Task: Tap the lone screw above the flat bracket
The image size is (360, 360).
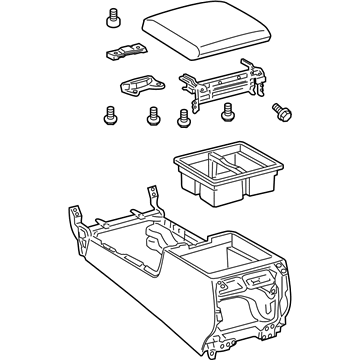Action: point(110,17)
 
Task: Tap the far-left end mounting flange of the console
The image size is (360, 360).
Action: point(74,222)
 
